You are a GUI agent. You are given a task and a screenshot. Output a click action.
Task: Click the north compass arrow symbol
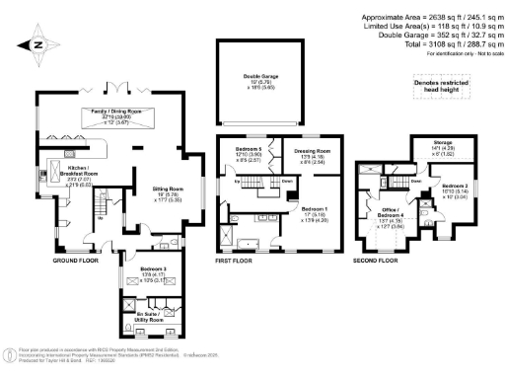[x=36, y=44]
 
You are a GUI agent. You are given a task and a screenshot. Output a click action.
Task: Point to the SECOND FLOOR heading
[x=376, y=260]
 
